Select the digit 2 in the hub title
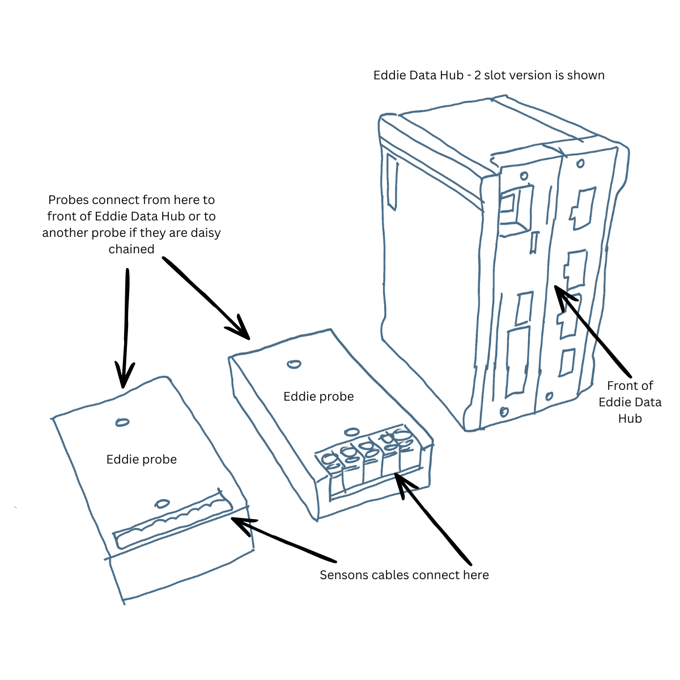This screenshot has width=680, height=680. click(478, 75)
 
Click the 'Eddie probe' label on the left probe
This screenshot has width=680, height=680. click(142, 460)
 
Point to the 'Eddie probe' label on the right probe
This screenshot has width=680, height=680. click(318, 397)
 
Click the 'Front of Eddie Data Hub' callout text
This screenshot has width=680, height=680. click(630, 402)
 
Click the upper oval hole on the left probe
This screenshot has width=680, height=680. click(122, 422)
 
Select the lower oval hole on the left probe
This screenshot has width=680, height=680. click(163, 503)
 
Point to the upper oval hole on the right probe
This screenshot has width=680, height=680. click(294, 364)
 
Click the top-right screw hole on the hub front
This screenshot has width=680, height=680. click(580, 164)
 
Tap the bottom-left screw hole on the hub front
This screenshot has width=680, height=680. click(504, 411)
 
